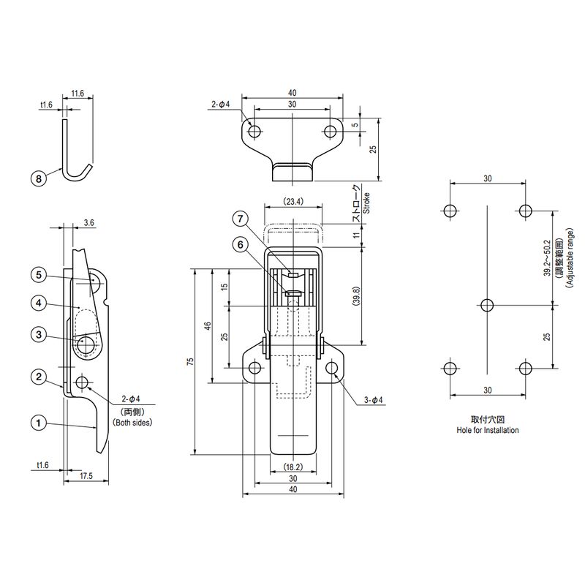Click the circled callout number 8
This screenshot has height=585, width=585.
[x=39, y=178]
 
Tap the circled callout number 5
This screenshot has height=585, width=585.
[x=39, y=276]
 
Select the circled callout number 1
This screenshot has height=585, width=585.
[x=39, y=423]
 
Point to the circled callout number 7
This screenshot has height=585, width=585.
[x=240, y=219]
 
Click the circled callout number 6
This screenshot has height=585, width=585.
[x=240, y=245]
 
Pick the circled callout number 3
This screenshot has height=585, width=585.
[x=39, y=334]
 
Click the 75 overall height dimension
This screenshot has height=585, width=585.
[x=191, y=361]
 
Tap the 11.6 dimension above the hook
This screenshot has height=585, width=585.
[x=78, y=94]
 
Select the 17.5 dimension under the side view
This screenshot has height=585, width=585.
[x=86, y=476]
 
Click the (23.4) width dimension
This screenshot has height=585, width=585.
[x=293, y=202]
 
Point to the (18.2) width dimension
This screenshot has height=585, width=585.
[x=293, y=467]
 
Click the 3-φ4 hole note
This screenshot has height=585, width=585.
[x=373, y=400]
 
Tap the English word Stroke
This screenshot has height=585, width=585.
[x=366, y=203]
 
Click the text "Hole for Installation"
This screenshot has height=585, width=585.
[x=488, y=430]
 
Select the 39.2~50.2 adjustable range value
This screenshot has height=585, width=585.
[x=547, y=258]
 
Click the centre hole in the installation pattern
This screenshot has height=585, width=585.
[x=487, y=306]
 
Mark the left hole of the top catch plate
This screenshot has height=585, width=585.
[x=254, y=132]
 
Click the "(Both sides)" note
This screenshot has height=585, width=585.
[x=132, y=423]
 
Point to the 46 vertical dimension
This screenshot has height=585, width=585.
[x=208, y=325]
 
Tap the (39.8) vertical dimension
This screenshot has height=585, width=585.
[x=356, y=296]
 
